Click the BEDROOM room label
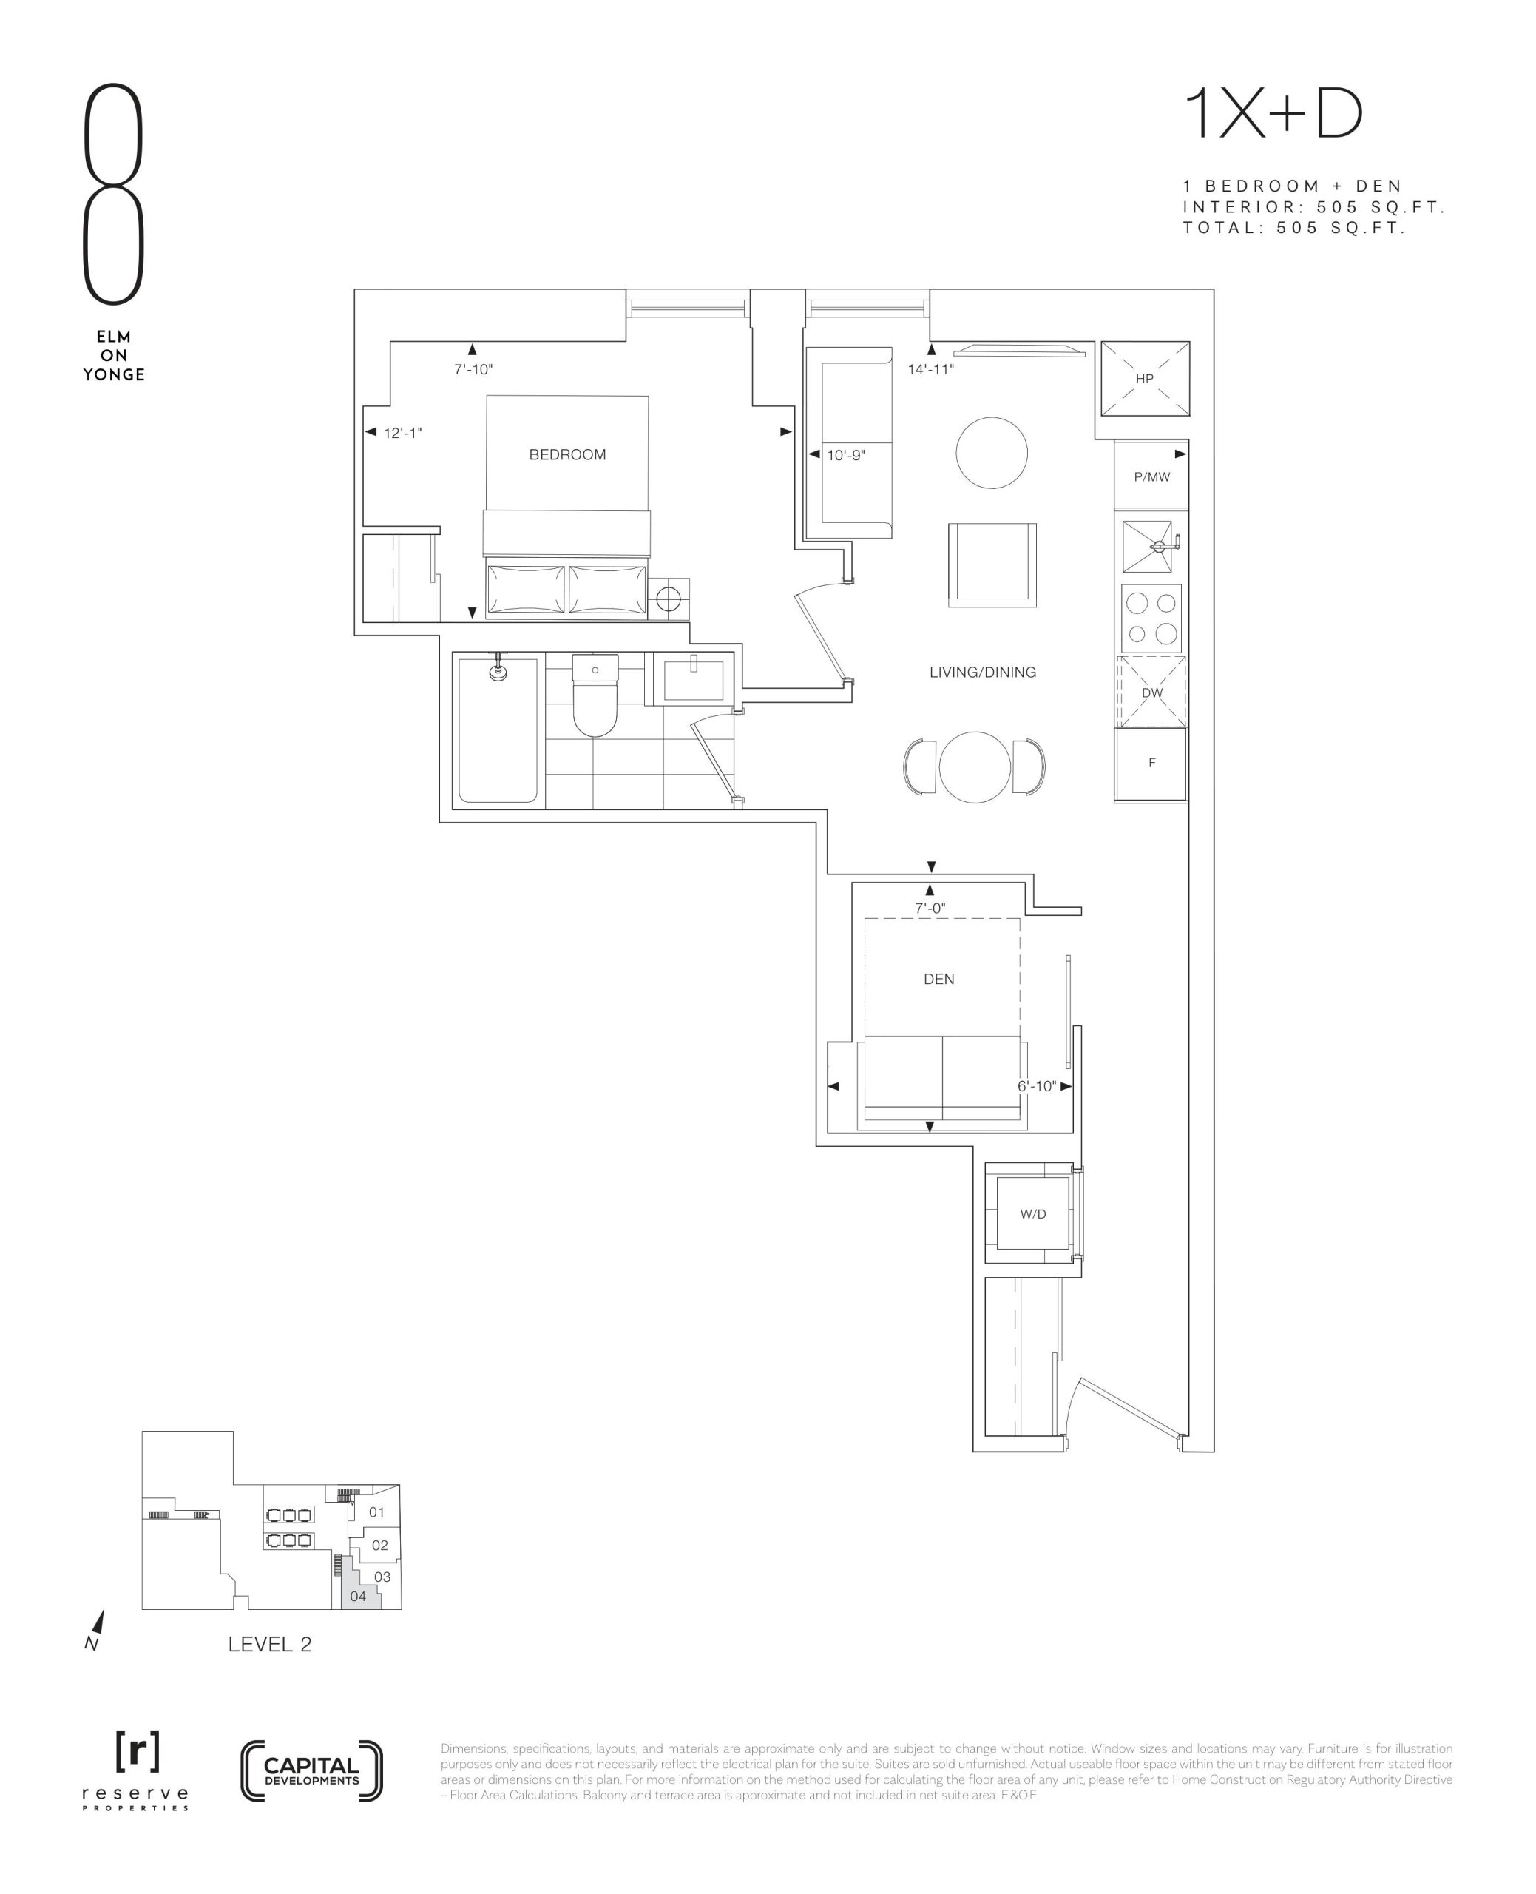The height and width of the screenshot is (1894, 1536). click(567, 455)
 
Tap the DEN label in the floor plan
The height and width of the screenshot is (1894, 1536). click(938, 979)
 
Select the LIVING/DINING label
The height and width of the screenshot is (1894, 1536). click(982, 673)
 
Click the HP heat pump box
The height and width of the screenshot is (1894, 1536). click(1145, 379)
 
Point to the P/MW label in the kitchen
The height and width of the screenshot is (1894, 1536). click(1152, 477)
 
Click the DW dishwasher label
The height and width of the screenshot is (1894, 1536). click(1152, 693)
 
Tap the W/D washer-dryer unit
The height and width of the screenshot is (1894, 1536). click(1032, 1213)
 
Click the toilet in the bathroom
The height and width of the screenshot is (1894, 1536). click(595, 695)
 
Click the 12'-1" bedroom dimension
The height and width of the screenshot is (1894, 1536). click(402, 433)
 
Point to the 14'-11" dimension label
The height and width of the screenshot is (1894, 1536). click(931, 370)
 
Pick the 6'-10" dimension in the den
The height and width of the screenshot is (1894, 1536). click(1037, 1086)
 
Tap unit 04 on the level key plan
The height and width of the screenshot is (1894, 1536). click(359, 1597)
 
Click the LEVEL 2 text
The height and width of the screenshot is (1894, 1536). click(270, 1645)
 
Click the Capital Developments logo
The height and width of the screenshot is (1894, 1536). click(311, 1771)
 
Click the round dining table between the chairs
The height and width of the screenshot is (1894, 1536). click(974, 767)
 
